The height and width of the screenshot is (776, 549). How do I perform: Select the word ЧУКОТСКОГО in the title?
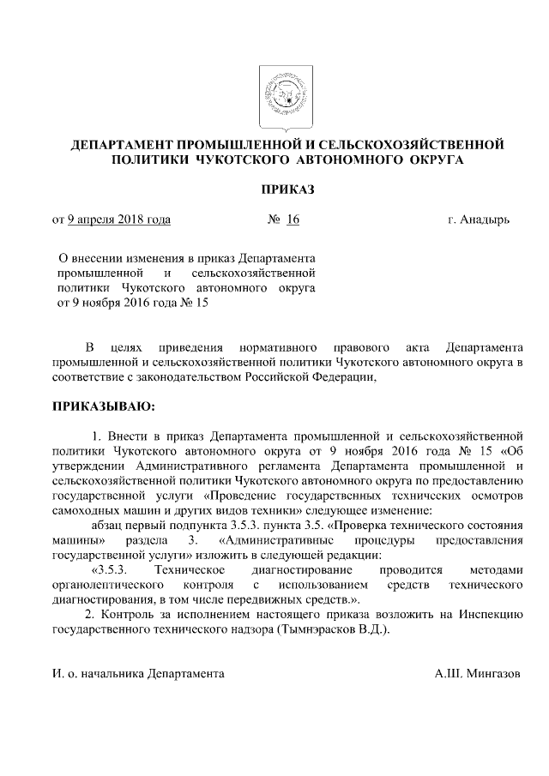pyautogui.click(x=240, y=159)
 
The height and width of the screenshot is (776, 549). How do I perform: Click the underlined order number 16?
pyautogui.click(x=293, y=220)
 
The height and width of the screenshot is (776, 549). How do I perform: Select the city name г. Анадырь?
pyautogui.click(x=478, y=220)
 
